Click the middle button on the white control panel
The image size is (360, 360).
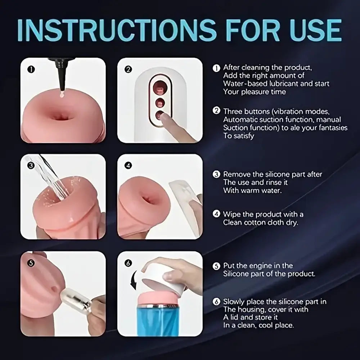pos(159,103)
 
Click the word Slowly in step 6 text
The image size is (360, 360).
pos(235,301)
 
